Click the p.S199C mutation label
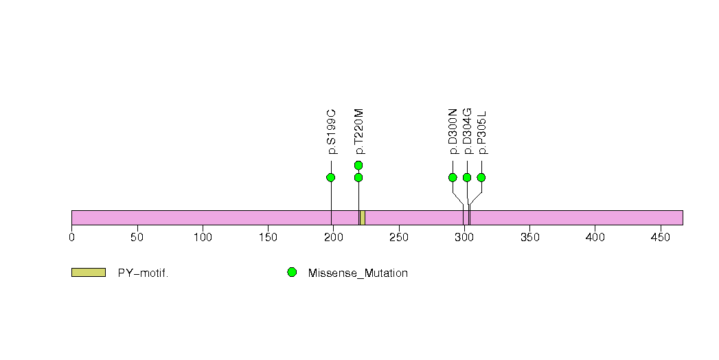[x=332, y=132]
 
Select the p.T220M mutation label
[x=359, y=132]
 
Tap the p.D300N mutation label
[x=453, y=132]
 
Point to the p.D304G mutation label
[x=467, y=132]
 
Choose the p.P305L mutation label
[x=482, y=132]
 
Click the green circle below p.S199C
[x=330, y=177]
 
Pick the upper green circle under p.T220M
[x=358, y=165]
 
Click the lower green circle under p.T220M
[x=358, y=177]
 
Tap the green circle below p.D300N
[x=453, y=177]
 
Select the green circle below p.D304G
[x=467, y=177]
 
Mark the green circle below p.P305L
[x=481, y=177]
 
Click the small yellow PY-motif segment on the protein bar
[x=363, y=218]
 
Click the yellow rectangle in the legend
[x=89, y=273]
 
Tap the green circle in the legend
[x=292, y=273]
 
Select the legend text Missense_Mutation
[x=358, y=273]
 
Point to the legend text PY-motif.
[x=143, y=273]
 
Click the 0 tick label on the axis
[x=71, y=238]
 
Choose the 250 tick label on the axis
[x=399, y=238]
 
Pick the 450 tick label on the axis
[x=661, y=238]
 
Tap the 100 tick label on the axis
[x=203, y=238]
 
